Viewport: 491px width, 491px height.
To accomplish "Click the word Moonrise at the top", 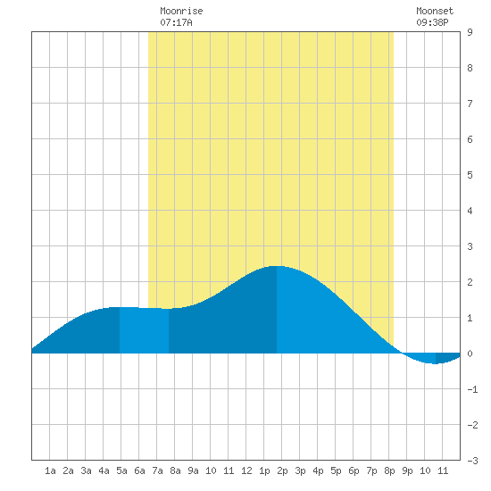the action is click(x=181, y=11).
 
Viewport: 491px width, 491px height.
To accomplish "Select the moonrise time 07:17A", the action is click(x=176, y=22).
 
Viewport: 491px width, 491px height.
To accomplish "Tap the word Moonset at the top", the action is click(x=435, y=11).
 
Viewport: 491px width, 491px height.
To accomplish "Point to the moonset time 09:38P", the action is click(x=432, y=22).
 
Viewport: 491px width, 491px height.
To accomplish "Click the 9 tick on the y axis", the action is click(x=470, y=32).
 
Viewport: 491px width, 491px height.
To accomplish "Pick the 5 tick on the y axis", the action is click(x=470, y=175).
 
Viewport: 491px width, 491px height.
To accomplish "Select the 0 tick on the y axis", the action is click(x=470, y=354).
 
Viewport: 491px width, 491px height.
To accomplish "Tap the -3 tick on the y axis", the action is click(x=472, y=461).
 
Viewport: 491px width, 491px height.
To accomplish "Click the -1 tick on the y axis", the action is click(x=472, y=389).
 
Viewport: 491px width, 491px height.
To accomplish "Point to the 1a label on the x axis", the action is click(x=50, y=470).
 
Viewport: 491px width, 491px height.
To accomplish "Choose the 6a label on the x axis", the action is click(x=139, y=470).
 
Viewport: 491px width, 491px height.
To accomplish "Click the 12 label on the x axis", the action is click(x=246, y=470).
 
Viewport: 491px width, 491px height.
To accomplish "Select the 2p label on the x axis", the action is click(x=282, y=470).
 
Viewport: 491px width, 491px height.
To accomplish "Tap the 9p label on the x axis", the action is click(x=407, y=470).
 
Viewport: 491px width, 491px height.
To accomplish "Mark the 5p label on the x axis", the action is click(x=336, y=470).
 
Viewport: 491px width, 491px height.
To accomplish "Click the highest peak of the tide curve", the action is click(x=277, y=266).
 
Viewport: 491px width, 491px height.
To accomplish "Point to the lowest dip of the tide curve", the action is click(x=436, y=364).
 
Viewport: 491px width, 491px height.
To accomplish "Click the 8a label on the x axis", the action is click(x=175, y=470).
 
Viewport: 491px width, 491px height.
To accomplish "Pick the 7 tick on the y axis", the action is click(x=470, y=104).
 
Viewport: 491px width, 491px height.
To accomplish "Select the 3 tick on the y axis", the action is click(x=470, y=246).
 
